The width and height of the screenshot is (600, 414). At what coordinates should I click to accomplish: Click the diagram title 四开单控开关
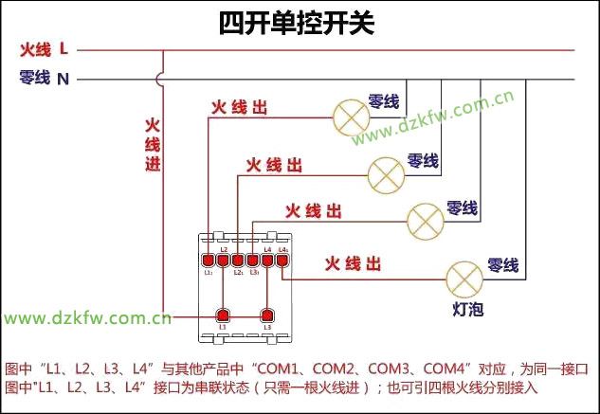coord(297,22)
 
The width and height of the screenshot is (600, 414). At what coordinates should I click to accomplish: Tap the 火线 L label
coord(44,48)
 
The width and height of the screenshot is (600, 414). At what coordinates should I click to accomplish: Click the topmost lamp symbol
coord(350,116)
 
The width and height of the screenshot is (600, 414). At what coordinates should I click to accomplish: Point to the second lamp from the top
coord(386,173)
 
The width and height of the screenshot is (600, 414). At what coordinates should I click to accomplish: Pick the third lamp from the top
coord(425,221)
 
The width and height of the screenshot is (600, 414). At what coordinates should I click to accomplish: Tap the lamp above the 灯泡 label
coord(464,279)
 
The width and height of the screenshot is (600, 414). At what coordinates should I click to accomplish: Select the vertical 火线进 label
coord(153,145)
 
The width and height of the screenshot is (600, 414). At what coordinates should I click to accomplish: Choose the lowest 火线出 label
coord(353,262)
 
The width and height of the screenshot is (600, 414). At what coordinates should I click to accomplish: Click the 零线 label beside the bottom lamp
coord(502,265)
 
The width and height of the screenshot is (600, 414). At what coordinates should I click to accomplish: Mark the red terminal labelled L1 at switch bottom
coord(224,315)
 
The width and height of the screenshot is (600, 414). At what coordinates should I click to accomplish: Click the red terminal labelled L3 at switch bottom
coord(267,315)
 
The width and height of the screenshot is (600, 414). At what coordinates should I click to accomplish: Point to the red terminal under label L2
coord(224,260)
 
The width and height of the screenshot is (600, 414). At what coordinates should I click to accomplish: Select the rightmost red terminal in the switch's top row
coord(282,260)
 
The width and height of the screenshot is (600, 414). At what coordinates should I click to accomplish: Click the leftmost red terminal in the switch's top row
coord(208,260)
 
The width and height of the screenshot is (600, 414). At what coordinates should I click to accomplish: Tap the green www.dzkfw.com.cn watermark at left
coord(86,318)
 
